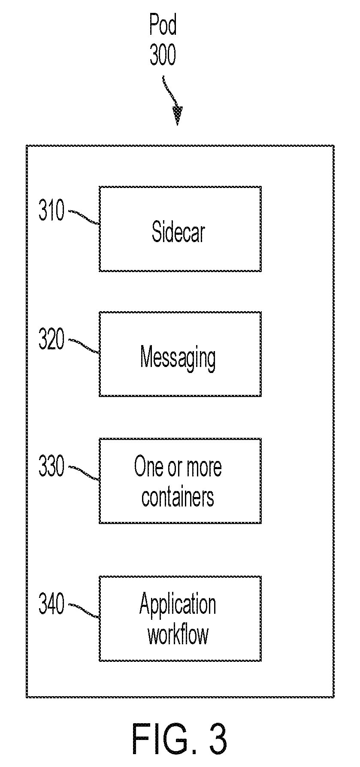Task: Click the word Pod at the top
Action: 163,25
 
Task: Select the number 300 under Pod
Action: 163,55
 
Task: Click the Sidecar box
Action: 180,229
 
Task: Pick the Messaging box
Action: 180,354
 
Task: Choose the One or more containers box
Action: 180,481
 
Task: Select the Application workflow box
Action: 180,618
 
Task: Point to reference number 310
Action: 51,211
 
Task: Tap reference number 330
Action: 51,467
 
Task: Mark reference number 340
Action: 51,604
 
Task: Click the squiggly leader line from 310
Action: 84,217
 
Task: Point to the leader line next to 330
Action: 84,473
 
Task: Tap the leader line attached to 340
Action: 84,610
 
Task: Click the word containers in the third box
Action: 178,497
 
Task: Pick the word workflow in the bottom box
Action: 178,634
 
